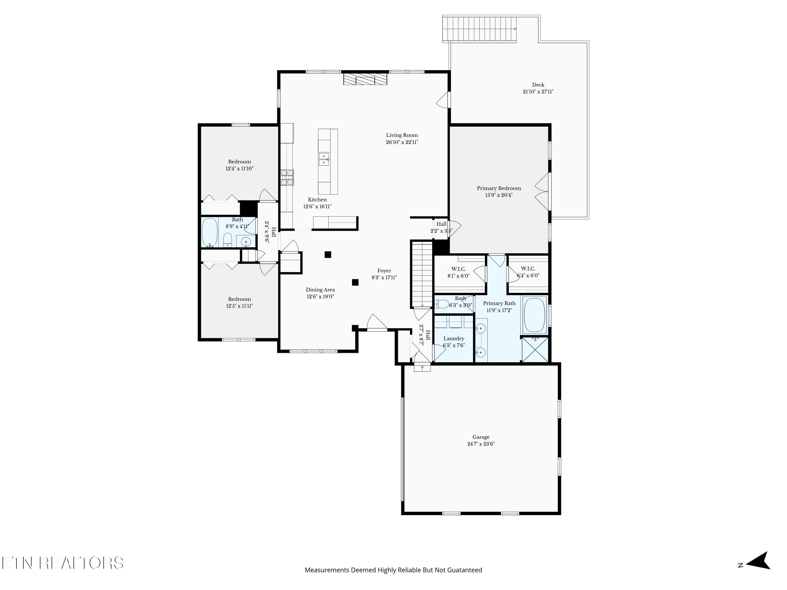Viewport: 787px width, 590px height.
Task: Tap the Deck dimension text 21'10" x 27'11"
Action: click(x=538, y=92)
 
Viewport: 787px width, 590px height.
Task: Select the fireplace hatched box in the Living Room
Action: click(x=365, y=79)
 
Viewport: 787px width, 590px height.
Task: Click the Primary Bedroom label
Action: click(x=498, y=188)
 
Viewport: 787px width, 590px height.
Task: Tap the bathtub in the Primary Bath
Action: click(x=534, y=315)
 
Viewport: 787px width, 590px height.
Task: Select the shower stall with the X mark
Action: click(x=535, y=350)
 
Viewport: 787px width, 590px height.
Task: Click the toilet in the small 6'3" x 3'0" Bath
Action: click(x=442, y=304)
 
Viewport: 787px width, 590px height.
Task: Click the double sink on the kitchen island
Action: click(x=324, y=159)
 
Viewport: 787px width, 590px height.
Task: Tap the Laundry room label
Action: click(x=454, y=339)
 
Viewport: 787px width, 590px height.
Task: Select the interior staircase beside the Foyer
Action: click(x=422, y=274)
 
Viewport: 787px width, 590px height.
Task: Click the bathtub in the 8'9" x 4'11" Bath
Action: click(x=210, y=232)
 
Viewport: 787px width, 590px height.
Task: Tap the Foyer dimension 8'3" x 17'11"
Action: click(x=384, y=278)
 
